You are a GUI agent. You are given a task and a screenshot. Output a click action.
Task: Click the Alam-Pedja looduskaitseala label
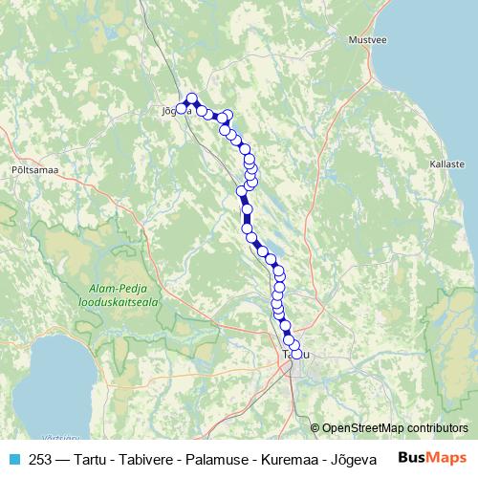click(x=118, y=293)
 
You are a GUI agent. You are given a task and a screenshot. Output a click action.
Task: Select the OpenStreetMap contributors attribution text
click(x=395, y=428)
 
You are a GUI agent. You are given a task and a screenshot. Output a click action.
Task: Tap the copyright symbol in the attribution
click(x=315, y=428)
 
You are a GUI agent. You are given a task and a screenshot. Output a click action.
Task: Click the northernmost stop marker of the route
click(x=192, y=98)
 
